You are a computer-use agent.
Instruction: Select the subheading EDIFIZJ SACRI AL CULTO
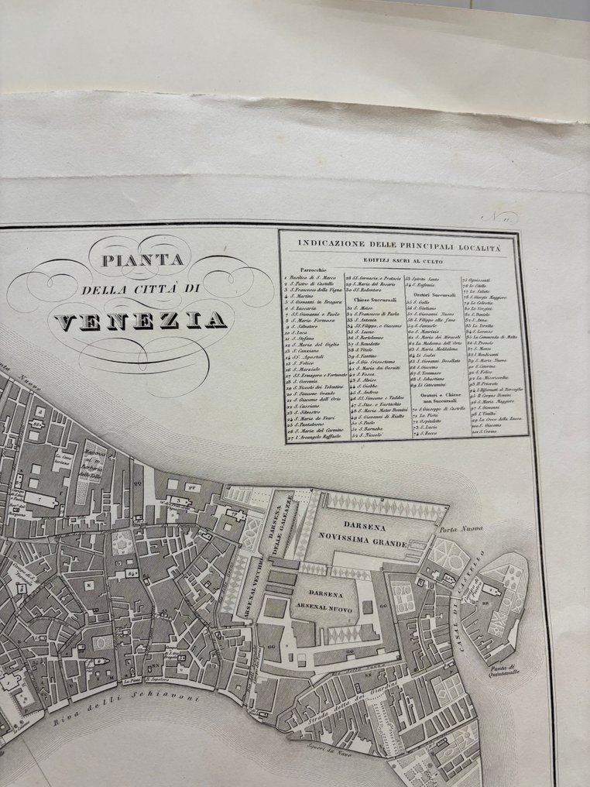(396, 260)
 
